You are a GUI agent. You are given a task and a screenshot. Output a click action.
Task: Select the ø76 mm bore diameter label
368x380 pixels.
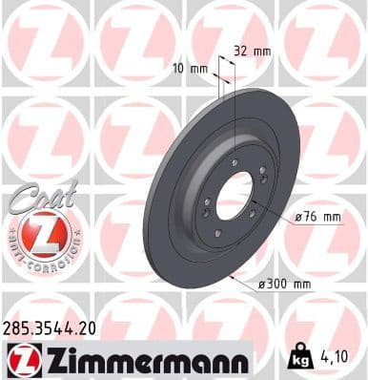coord(318,218)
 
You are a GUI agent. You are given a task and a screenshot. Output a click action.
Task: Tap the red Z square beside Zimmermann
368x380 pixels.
coord(22,360)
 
